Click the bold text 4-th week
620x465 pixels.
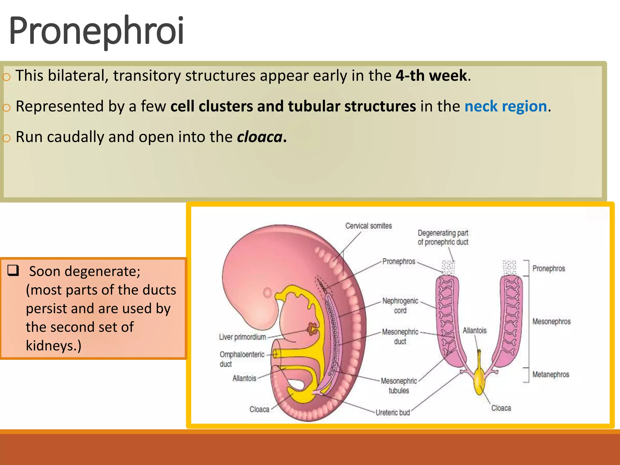pyautogui.click(x=431, y=76)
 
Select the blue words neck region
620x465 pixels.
pyautogui.click(x=506, y=107)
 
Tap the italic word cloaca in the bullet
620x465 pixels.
pyautogui.click(x=260, y=137)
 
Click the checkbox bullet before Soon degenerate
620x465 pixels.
pyautogui.click(x=13, y=270)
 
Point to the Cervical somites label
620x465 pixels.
pyautogui.click(x=368, y=226)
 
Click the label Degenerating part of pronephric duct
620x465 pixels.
pyautogui.click(x=443, y=238)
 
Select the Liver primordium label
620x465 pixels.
pyautogui.click(x=242, y=337)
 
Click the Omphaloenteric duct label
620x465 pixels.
pyautogui.click(x=242, y=359)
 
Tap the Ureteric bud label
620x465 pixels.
pyautogui.click(x=393, y=413)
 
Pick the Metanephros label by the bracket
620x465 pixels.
pyautogui.click(x=551, y=374)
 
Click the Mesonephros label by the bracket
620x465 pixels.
pyautogui.click(x=551, y=322)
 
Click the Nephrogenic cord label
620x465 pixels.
pyautogui.click(x=400, y=306)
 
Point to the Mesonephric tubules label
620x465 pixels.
pyautogui.click(x=399, y=386)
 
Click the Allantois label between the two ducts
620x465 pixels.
pyautogui.click(x=474, y=331)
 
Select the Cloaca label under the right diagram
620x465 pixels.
pyautogui.click(x=501, y=408)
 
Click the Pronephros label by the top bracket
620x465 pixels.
pyautogui.click(x=549, y=269)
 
